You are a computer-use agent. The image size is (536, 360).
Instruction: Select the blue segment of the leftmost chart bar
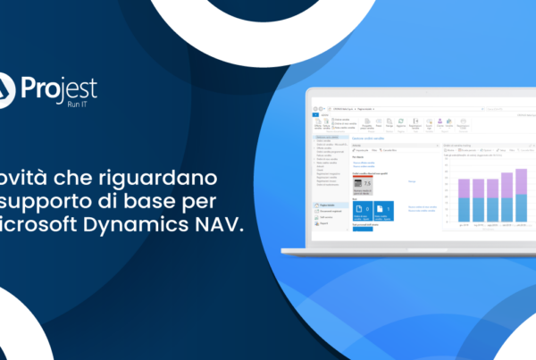click(465, 209)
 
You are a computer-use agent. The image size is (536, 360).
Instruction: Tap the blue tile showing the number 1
click(384, 211)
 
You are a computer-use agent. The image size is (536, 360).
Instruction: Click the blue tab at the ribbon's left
click(315, 114)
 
